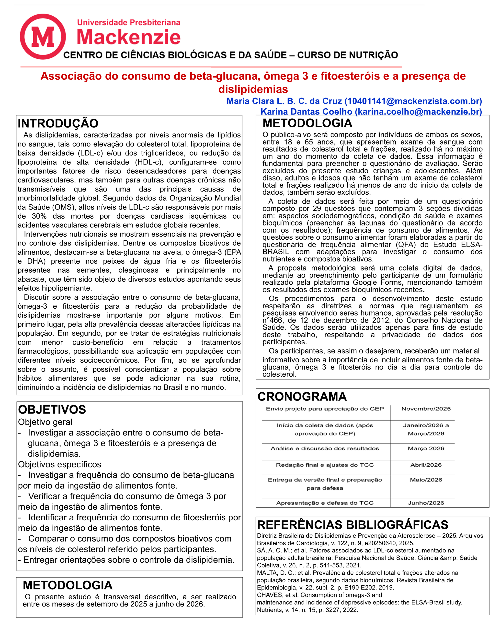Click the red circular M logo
coord(43,37)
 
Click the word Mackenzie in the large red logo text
coord(128,37)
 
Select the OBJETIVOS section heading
coord(52,409)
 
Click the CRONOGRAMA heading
coord(302,396)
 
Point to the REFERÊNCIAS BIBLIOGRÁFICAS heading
coord(353,525)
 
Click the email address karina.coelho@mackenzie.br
coord(418,112)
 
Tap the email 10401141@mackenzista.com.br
coord(413,101)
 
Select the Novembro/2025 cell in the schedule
coord(426,409)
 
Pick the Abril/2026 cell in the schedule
coord(426,465)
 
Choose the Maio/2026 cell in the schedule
coord(426,480)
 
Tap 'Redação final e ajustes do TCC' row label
coord(325,465)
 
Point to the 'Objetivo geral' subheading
coord(45,422)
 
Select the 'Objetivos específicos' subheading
coord(59,464)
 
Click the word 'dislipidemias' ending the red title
coord(253,89)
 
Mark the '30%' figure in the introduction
coord(39,216)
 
